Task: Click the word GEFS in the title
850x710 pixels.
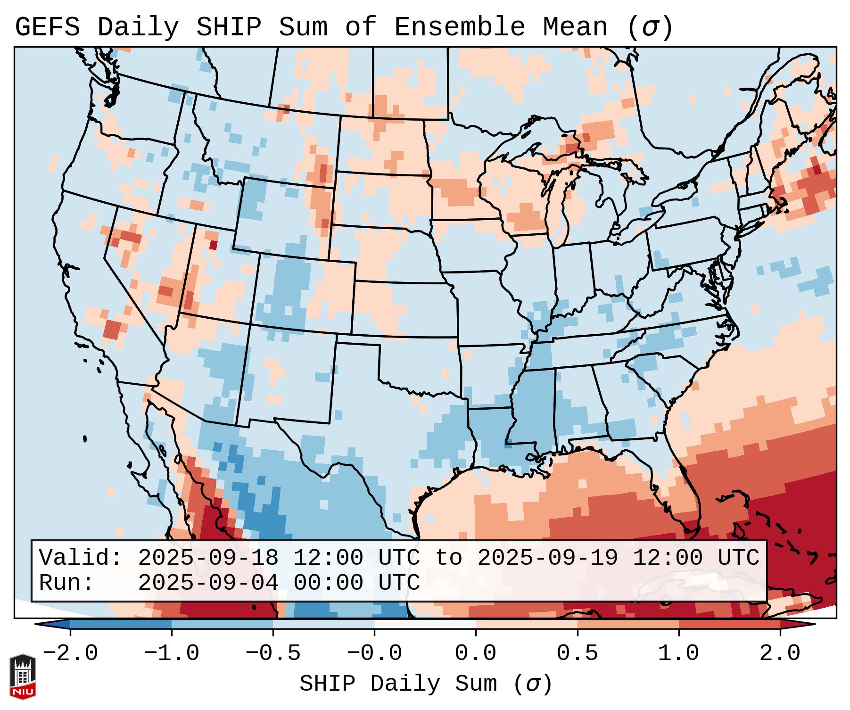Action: [x=47, y=27]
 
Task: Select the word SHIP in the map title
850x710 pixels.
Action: [x=228, y=27]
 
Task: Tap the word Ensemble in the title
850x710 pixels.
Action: [x=459, y=27]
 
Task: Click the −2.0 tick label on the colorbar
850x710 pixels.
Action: [x=70, y=653]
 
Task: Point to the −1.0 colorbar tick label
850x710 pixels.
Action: [x=172, y=653]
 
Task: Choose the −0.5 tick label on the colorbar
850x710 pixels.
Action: [x=273, y=653]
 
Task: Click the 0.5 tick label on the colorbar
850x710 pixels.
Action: [x=577, y=653]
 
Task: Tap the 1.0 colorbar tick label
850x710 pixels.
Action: [x=678, y=653]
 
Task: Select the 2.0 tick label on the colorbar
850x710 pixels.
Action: [x=780, y=653]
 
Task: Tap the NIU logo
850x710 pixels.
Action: [x=23, y=677]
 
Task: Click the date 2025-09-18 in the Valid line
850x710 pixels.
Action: [x=208, y=558]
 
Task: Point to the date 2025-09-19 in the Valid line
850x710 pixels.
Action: [x=548, y=558]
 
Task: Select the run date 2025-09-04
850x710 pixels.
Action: [x=208, y=583]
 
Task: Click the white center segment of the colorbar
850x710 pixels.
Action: [x=425, y=624]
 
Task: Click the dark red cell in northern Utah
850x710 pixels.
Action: [x=213, y=245]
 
